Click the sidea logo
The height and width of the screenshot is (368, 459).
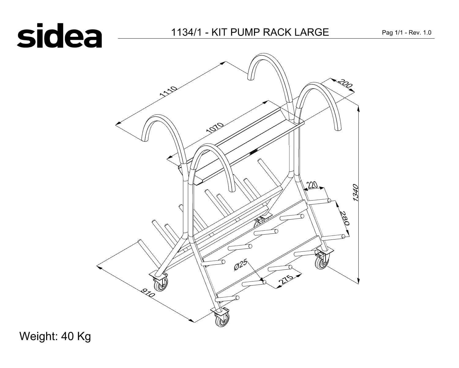59,36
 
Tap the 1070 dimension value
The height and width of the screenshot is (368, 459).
215,128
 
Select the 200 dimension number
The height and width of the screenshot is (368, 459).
345,83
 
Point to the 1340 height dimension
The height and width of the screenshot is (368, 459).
356,193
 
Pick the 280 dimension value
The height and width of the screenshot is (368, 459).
345,218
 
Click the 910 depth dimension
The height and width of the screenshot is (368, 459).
148,293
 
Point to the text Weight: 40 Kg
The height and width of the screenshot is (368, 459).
55,336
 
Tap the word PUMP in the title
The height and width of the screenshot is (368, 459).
245,32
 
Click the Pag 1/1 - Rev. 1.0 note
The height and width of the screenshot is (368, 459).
407,33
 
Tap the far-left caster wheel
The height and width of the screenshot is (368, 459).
161,284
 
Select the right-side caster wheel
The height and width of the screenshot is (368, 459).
322,262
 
